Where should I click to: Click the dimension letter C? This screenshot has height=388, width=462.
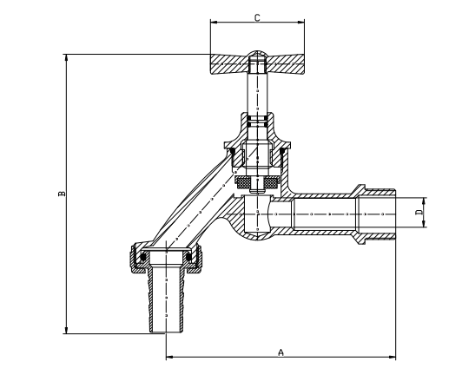(x=257, y=17)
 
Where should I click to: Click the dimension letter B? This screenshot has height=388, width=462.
(x=62, y=194)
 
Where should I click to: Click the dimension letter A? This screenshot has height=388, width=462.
(x=280, y=352)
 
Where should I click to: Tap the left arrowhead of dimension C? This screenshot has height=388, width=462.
(x=214, y=22)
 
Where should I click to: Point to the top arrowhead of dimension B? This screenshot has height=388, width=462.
(x=66, y=58)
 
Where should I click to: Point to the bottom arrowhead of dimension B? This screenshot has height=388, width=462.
(x=66, y=330)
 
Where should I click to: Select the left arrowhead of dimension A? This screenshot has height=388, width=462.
(x=169, y=357)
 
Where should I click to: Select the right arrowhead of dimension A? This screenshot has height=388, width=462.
(x=393, y=357)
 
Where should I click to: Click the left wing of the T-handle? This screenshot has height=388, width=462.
(x=228, y=64)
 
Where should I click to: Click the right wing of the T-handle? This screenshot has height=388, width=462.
(x=285, y=64)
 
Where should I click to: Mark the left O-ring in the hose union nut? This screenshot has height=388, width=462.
(x=143, y=257)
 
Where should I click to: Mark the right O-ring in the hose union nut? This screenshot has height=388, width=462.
(x=188, y=257)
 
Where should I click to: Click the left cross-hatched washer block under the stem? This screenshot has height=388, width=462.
(x=243, y=182)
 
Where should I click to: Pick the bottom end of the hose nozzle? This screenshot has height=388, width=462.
(x=166, y=332)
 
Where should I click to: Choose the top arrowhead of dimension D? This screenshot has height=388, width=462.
(x=424, y=201)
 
